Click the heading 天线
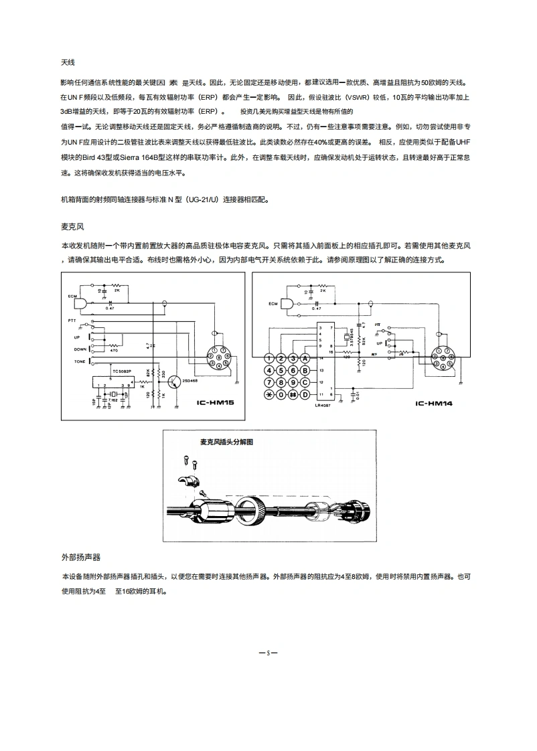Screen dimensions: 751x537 click(67, 62)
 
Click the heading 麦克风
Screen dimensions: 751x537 click(72, 228)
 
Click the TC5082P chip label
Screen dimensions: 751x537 click(122, 369)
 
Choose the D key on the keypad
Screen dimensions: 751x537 click(305, 394)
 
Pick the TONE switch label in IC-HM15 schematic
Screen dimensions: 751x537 click(80, 361)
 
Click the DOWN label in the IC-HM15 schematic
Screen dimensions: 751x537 click(80, 349)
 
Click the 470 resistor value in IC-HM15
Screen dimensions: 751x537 click(114, 351)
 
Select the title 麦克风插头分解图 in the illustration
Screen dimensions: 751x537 click(227, 442)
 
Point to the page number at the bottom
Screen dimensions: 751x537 click(268, 651)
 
